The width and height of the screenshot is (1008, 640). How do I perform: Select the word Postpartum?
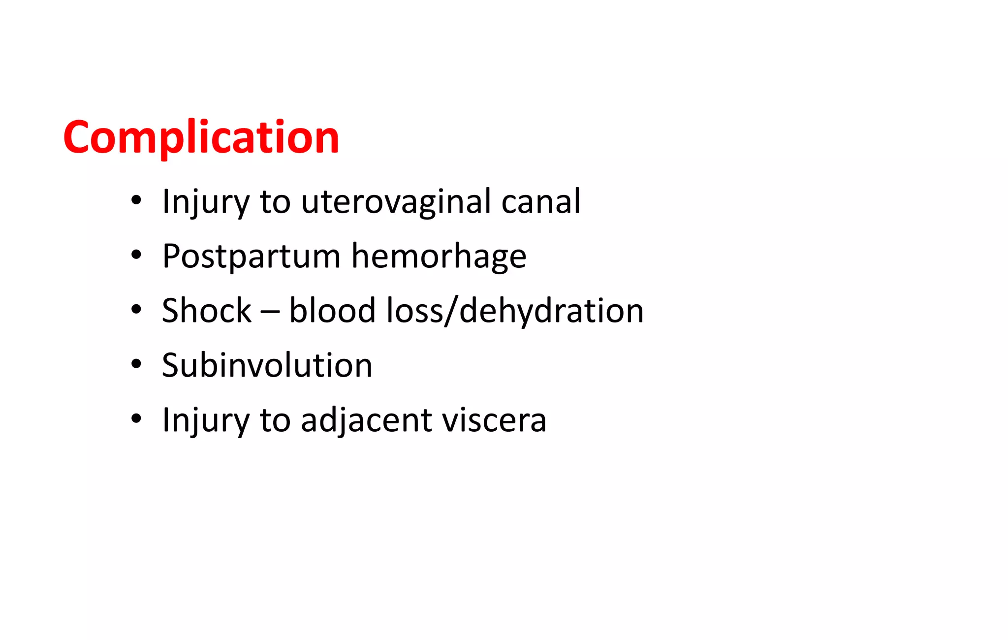pos(251,257)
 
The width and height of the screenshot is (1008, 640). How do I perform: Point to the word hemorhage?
pos(439,257)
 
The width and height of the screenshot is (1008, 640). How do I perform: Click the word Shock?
pos(206,311)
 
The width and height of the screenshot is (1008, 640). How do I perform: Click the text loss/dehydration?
pos(515,312)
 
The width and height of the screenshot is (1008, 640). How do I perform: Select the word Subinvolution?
pos(267,365)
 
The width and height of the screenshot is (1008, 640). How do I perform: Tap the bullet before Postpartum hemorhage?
pos(136,255)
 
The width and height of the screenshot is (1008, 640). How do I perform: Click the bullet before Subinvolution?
pos(136,364)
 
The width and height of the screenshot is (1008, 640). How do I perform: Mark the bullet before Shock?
pos(136,310)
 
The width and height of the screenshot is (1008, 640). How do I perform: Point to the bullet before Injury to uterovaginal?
pos(136,200)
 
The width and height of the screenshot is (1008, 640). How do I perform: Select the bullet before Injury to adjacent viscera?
pos(136,419)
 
